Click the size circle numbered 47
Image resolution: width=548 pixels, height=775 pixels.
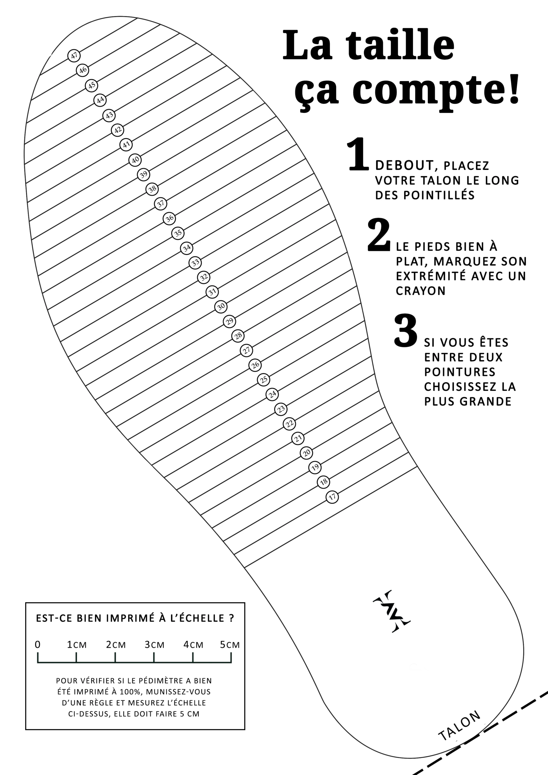pos(74,56)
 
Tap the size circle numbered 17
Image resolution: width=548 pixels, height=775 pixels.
pos(332,497)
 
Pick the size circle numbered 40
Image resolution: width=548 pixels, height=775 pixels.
pos(135,160)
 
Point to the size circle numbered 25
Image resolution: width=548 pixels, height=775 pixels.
pos(264,380)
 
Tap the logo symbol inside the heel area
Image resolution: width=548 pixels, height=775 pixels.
pos(392,611)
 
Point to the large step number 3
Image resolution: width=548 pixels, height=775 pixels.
pos(406,331)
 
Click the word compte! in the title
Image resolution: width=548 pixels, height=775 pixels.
pos(436,91)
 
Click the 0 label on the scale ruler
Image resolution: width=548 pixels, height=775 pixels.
pos(38,645)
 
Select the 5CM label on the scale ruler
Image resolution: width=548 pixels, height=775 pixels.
pos(229,645)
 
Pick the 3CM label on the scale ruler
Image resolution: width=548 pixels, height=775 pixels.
pos(154,645)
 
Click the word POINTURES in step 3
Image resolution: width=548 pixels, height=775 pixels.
pos(460,372)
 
